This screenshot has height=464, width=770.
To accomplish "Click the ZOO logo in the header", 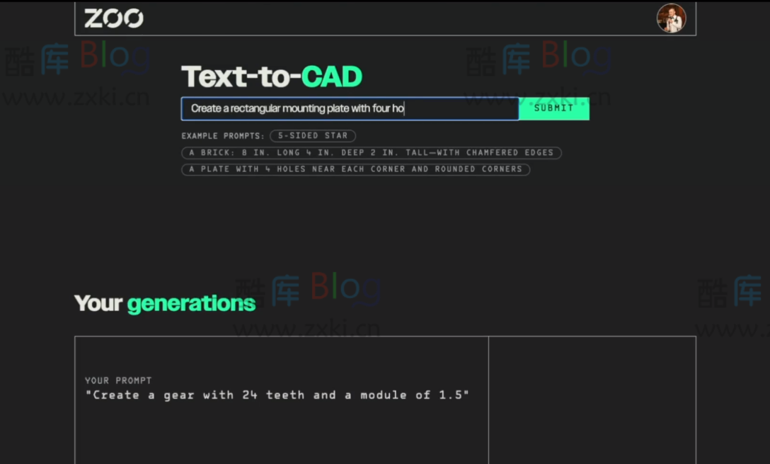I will pyautogui.click(x=113, y=18).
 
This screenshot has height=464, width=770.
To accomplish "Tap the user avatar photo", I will pyautogui.click(x=671, y=18).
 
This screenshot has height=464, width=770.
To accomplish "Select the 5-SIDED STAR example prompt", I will pyautogui.click(x=312, y=135).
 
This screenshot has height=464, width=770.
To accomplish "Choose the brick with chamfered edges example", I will pyautogui.click(x=371, y=152).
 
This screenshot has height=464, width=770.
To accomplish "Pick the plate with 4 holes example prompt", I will pyautogui.click(x=355, y=169).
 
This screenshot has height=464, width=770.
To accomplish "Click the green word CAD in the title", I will pyautogui.click(x=331, y=77).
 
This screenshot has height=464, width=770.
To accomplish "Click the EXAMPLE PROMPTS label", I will pyautogui.click(x=223, y=136).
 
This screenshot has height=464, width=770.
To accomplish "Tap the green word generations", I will pyautogui.click(x=191, y=303).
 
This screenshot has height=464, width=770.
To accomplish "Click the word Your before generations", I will pyautogui.click(x=98, y=303).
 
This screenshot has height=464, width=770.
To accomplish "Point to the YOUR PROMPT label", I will pyautogui.click(x=118, y=380).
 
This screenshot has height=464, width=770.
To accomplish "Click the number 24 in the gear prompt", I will pyautogui.click(x=250, y=395).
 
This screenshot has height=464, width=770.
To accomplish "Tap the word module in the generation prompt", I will pyautogui.click(x=384, y=395).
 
